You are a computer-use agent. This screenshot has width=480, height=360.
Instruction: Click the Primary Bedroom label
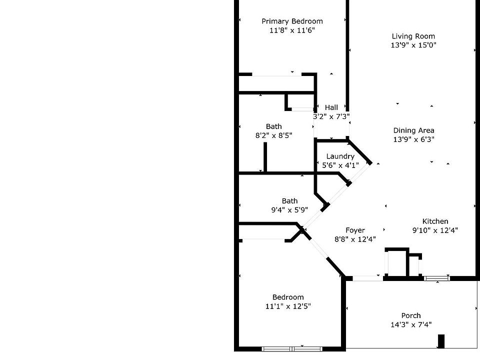point(292,21)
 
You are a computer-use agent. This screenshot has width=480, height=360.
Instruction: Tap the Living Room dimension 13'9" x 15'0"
point(413,45)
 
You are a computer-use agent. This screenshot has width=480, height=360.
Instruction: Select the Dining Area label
point(413,130)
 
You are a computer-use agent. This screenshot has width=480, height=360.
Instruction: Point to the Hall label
point(331,107)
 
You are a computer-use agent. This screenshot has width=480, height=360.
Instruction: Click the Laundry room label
point(340,156)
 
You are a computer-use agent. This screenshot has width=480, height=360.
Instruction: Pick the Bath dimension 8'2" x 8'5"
point(273,135)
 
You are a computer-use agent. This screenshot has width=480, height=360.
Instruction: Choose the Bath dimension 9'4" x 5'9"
point(289,210)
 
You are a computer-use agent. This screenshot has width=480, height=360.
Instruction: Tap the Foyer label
point(355,230)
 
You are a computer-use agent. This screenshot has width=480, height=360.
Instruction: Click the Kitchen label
point(435,221)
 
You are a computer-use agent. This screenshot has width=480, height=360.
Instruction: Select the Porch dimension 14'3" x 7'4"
point(411,324)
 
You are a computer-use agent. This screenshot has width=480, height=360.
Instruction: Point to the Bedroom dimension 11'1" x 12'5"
point(288,306)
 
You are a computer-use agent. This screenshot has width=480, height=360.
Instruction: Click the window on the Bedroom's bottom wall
point(292,348)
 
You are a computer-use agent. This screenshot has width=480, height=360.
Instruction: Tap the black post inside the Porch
point(441,341)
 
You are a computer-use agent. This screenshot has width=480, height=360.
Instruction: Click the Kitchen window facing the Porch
point(437,278)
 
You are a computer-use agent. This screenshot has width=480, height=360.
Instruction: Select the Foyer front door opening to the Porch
point(368,278)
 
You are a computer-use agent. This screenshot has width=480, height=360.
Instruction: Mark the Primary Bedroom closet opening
point(276,74)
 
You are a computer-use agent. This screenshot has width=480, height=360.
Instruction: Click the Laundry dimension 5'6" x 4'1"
point(340,165)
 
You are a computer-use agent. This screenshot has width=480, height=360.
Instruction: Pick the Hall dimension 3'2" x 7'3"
point(331,116)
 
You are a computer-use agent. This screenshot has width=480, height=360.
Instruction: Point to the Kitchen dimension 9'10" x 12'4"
point(435,230)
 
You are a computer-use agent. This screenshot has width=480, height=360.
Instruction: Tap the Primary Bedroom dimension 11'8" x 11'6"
point(292,30)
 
